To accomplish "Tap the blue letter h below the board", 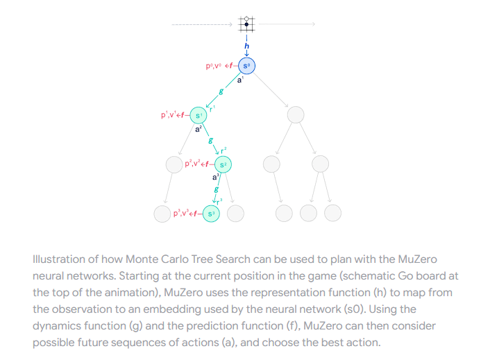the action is (x=246, y=46).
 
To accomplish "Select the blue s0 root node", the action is (x=247, y=66).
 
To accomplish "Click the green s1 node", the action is (x=199, y=114).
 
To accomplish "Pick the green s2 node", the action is (x=223, y=164).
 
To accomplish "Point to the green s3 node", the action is (x=211, y=213).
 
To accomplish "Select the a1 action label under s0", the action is (x=241, y=80).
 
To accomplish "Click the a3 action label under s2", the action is (x=216, y=178).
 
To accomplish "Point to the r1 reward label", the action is (x=212, y=106).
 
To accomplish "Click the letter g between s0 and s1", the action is (x=221, y=91).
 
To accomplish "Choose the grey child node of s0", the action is (x=296, y=114).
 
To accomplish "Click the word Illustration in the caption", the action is (x=56, y=259).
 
